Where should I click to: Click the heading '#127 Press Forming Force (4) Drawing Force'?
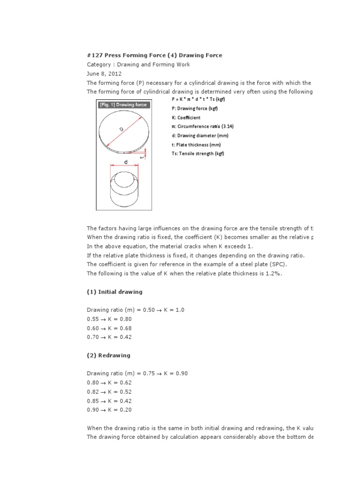click(154, 55)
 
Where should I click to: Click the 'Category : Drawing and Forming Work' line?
click(138, 64)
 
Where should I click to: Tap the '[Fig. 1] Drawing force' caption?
click(123, 105)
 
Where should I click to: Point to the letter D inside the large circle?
click(121, 128)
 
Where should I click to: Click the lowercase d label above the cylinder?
click(126, 162)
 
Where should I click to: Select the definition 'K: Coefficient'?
click(186, 118)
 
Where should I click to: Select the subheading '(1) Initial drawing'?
click(114, 292)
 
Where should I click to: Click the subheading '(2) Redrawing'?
click(108, 355)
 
